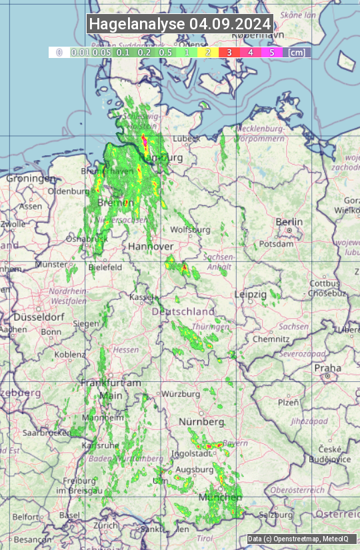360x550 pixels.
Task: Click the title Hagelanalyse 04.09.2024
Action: coord(180,24)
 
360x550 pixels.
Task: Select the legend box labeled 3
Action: coord(229,52)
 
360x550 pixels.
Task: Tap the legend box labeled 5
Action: coord(271,52)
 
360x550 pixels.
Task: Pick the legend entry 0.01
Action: coord(80,52)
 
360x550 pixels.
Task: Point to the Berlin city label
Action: coord(289,222)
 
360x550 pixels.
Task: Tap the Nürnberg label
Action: coord(201,422)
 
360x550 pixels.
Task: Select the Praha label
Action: coord(327,367)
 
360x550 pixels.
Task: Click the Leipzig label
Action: coord(251,294)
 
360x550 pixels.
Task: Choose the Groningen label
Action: coord(31,179)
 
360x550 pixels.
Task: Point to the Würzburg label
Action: coord(181,394)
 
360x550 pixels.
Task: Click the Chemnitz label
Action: coord(267,339)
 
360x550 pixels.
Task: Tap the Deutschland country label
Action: coord(183,311)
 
